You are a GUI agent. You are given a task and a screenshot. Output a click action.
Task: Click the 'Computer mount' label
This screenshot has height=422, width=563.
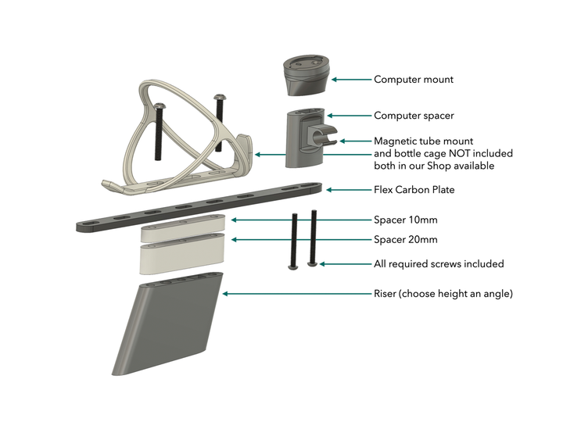(413, 80)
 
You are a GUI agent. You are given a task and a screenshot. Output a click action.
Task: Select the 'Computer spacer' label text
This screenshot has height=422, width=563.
(414, 116)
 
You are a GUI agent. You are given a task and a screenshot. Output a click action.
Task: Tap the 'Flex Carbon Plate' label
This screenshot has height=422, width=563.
(414, 189)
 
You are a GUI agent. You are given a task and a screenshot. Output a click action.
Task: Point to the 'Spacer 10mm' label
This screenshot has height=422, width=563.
(407, 220)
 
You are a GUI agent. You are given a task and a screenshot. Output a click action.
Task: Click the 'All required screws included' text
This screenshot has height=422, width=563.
(439, 263)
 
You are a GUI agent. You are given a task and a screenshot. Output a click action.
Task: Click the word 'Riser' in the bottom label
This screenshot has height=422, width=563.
(387, 294)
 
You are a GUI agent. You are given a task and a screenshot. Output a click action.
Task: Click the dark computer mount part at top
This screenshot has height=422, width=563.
(306, 73)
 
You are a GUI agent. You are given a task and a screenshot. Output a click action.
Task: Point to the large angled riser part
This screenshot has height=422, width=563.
(168, 328)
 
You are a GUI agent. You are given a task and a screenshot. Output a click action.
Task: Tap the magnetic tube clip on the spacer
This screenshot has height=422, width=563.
(328, 138)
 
